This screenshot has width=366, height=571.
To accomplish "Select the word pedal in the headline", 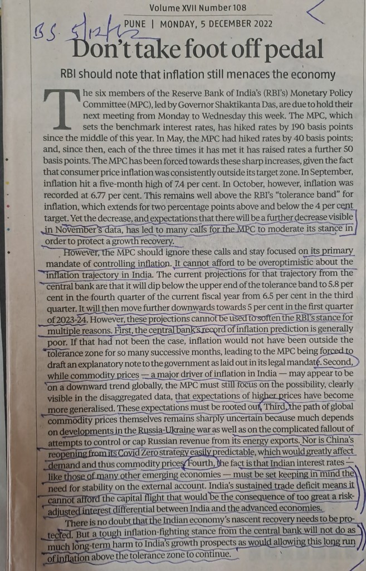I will point(296,51).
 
